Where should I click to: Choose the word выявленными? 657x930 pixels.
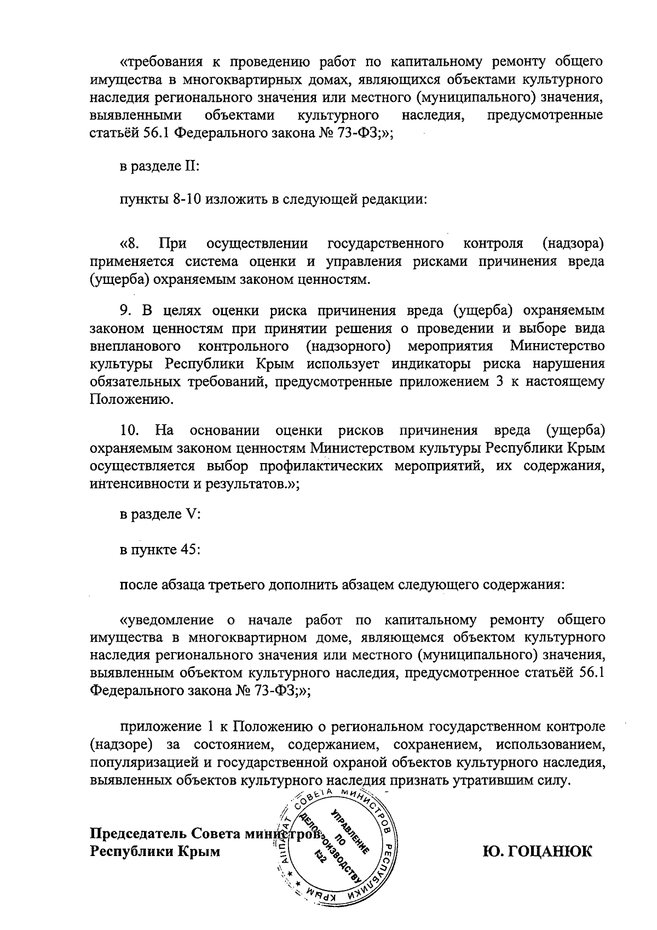135,116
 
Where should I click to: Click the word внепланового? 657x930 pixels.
135,346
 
